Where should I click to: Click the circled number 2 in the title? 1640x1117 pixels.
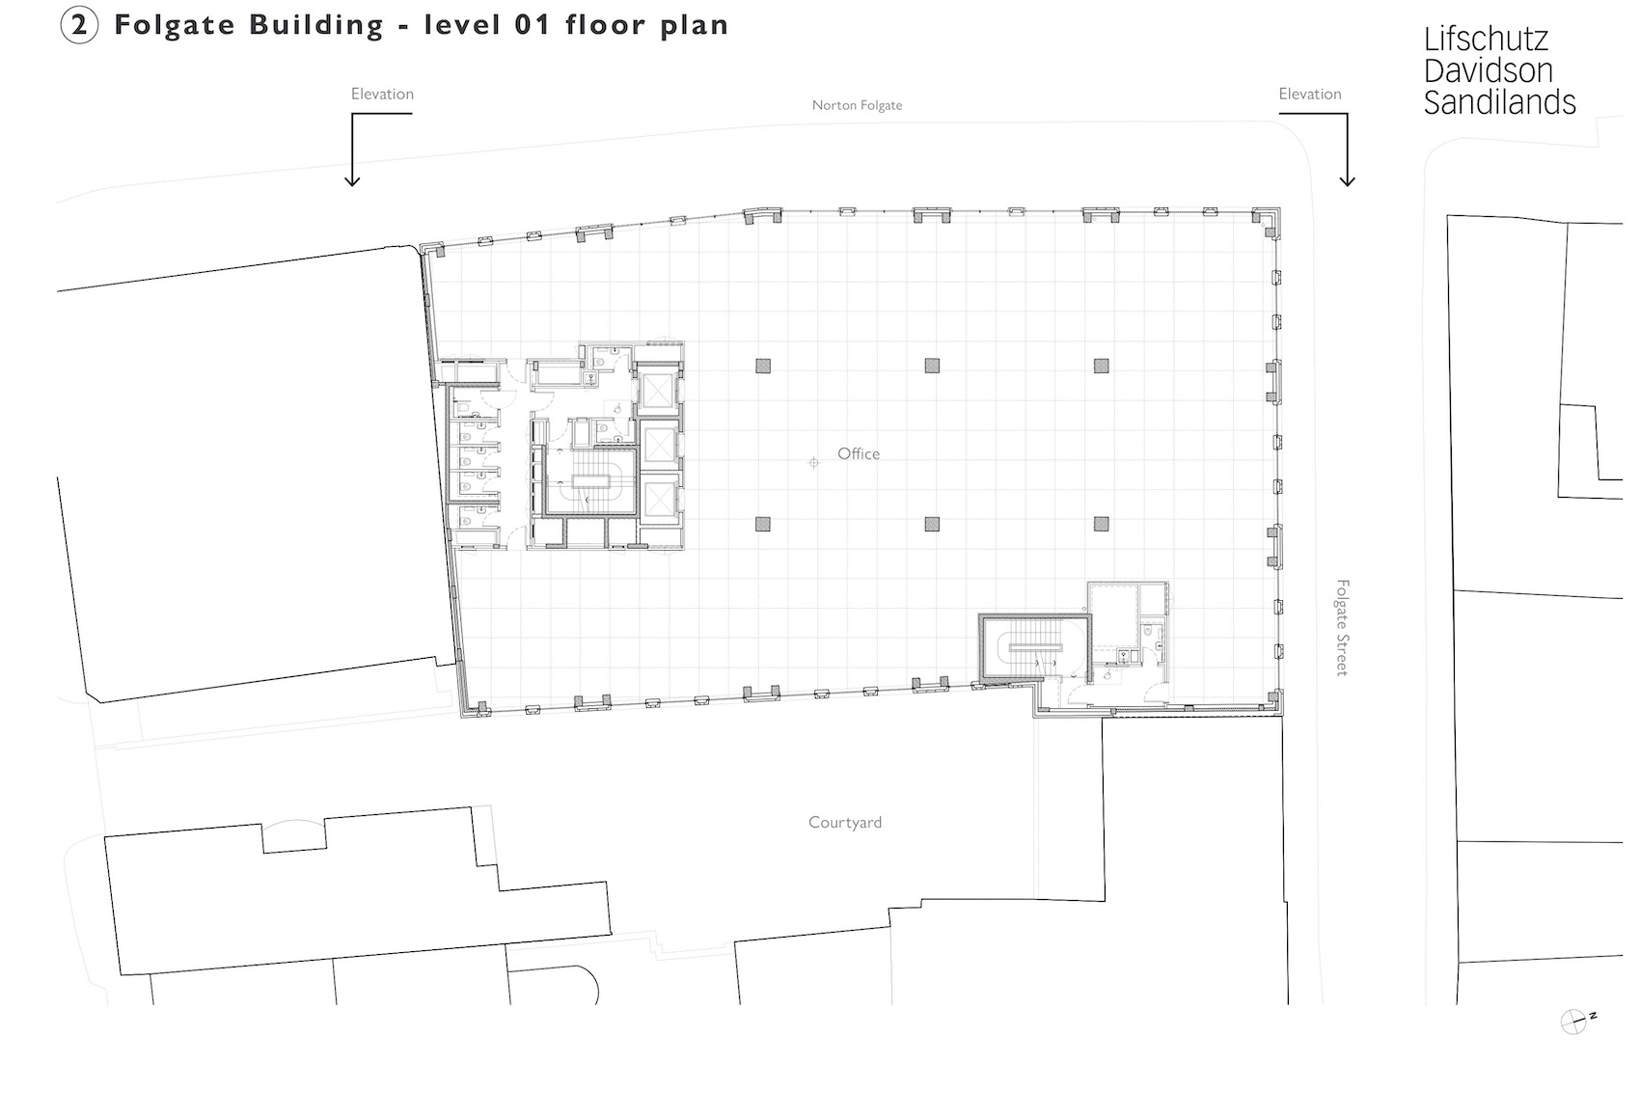(x=79, y=25)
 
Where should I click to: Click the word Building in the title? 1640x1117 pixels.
(x=316, y=26)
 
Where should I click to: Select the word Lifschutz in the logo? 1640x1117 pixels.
(x=1486, y=40)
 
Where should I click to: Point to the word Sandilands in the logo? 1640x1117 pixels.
(x=1499, y=102)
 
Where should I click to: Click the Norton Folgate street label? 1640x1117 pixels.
(x=857, y=105)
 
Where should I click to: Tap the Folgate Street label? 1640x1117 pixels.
(x=1342, y=627)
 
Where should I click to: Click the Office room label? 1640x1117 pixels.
(x=858, y=453)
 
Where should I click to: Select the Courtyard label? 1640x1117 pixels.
(x=845, y=823)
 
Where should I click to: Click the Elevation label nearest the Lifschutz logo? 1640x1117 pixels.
(x=1310, y=94)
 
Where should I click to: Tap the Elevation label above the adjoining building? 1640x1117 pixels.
(x=382, y=94)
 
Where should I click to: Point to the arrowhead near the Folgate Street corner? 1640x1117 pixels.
(x=1347, y=180)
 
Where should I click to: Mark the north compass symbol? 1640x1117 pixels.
(x=1574, y=1022)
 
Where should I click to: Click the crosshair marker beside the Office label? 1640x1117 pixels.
(x=813, y=463)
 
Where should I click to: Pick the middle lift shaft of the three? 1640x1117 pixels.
(x=659, y=445)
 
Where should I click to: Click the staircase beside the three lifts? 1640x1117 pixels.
(x=589, y=481)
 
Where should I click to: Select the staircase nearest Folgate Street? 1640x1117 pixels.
(x=1035, y=647)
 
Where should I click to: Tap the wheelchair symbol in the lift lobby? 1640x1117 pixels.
(x=618, y=407)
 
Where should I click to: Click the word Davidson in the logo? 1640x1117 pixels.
(x=1489, y=71)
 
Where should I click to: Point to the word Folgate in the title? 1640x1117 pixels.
(x=175, y=26)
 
